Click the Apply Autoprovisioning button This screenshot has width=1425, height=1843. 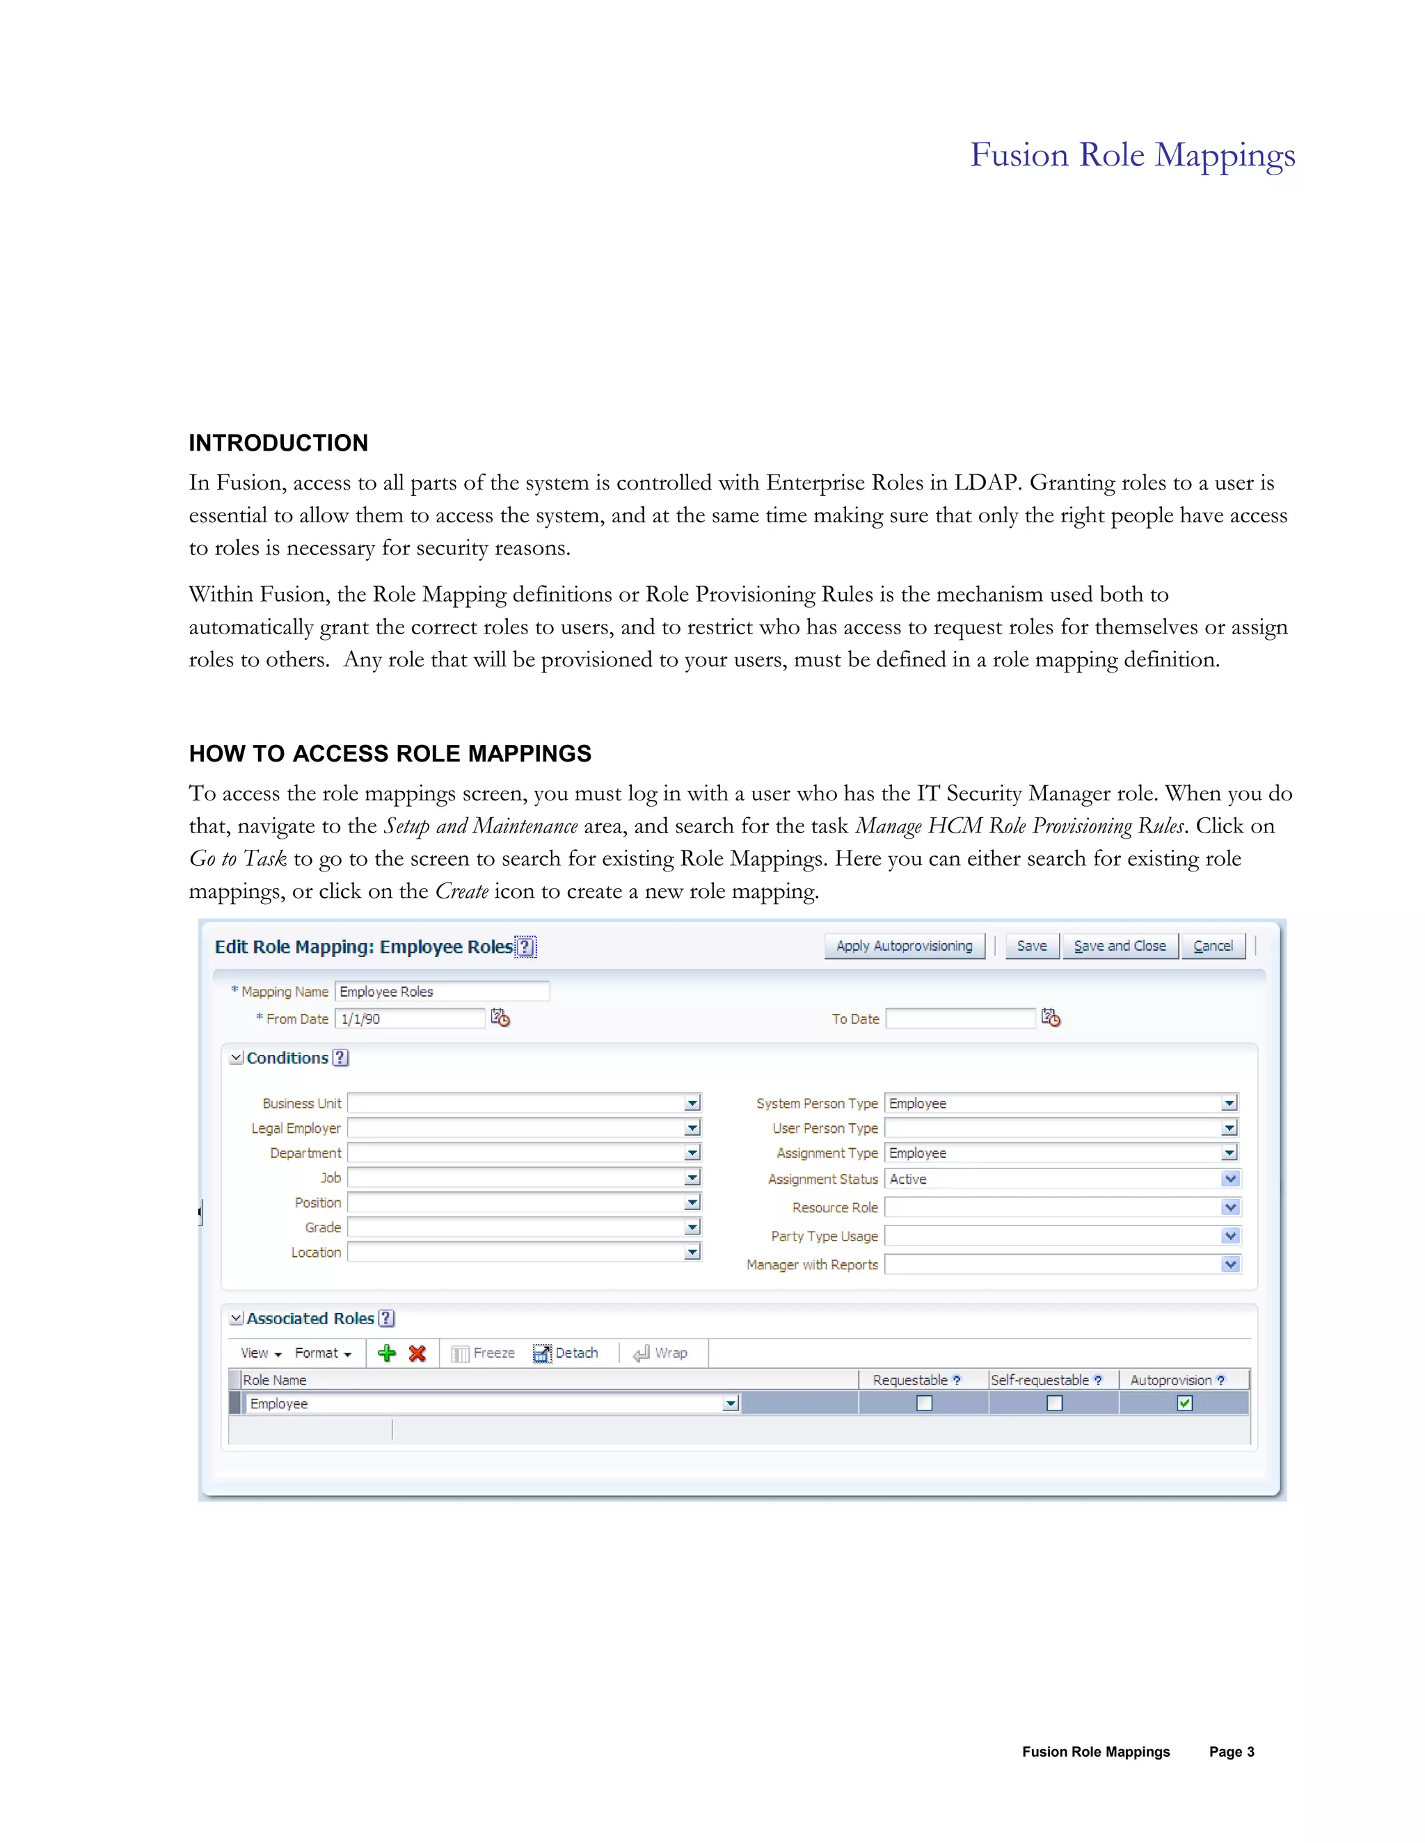(x=904, y=946)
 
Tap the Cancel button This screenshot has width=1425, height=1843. (x=1213, y=946)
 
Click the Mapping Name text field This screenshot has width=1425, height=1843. (x=442, y=992)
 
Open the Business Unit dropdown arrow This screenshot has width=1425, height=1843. (x=692, y=1103)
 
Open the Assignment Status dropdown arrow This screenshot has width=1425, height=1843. (x=1230, y=1179)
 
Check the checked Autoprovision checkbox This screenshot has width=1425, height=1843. (x=1184, y=1403)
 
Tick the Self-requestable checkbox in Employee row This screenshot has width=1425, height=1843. (x=1054, y=1403)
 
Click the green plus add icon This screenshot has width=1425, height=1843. (x=387, y=1353)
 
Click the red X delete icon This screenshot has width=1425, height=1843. (x=417, y=1353)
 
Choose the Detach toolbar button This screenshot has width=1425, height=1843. (x=566, y=1353)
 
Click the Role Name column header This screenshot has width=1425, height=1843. (x=276, y=1380)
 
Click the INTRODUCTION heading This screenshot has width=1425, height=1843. (x=278, y=443)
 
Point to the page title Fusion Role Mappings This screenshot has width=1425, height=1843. (x=1132, y=155)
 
